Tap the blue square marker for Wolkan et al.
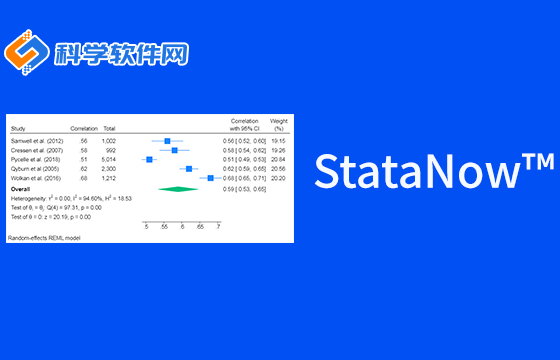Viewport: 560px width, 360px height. (210, 178)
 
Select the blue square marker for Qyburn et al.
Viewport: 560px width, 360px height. (189, 168)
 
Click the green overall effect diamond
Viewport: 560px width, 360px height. (183, 188)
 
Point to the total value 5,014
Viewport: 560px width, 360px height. (109, 159)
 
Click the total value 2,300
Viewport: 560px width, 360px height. (109, 168)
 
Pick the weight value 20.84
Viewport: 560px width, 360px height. (279, 159)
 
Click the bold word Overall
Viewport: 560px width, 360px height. (20, 188)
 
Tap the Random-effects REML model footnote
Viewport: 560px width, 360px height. (44, 238)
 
